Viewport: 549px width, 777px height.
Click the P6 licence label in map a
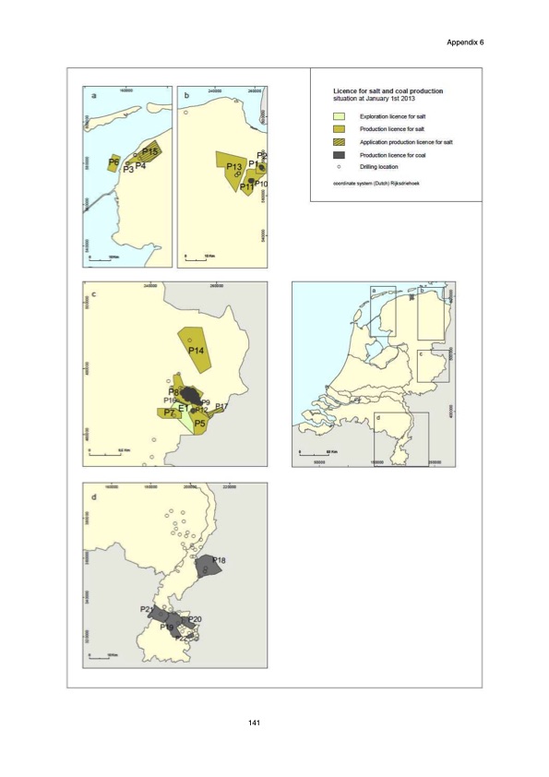(113, 162)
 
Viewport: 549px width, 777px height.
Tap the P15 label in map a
(151, 151)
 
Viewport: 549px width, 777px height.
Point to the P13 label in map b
(233, 165)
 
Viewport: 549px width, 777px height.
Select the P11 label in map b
(246, 187)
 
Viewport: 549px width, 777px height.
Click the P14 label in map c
(196, 351)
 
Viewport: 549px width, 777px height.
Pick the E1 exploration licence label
(184, 408)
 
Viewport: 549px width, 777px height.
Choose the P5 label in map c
(199, 423)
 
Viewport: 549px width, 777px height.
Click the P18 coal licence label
(221, 560)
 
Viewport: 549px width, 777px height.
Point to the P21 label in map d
(148, 610)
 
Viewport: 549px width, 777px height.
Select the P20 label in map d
(195, 619)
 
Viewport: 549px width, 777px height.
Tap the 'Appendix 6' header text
(464, 43)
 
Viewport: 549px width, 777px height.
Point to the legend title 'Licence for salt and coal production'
(388, 91)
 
